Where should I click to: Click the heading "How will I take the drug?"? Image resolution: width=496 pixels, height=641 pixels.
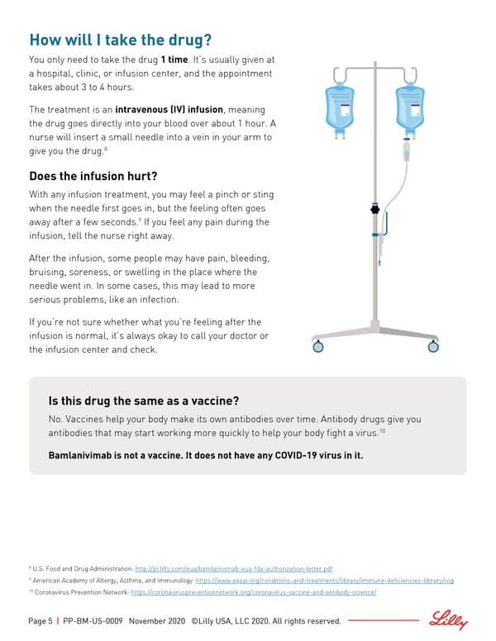point(121,40)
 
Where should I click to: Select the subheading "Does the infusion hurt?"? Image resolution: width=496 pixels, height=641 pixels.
point(93,176)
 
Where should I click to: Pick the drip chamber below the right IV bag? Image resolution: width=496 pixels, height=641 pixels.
point(407,151)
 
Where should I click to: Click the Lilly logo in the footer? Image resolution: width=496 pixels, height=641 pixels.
point(449,620)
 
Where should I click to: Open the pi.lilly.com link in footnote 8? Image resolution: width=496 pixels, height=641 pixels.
point(233,569)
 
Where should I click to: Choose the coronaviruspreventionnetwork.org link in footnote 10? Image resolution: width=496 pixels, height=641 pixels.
point(253,592)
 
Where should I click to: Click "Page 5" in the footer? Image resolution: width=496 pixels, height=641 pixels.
point(41,621)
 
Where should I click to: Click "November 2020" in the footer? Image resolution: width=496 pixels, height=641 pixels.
point(156,621)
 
